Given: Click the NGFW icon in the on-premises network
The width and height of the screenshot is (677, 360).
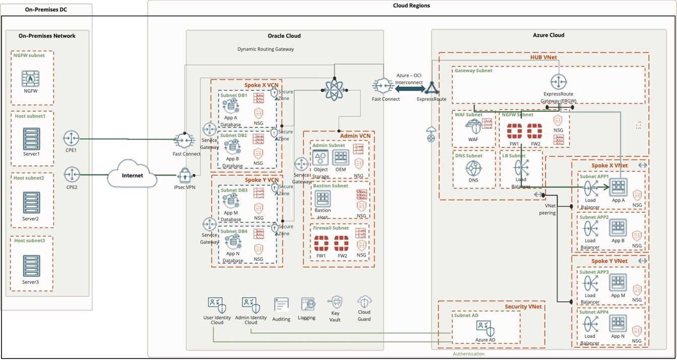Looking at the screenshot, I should [x=31, y=79].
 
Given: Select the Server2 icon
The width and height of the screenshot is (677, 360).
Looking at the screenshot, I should [x=31, y=203].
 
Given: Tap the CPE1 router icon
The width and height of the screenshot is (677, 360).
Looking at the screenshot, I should [x=72, y=138].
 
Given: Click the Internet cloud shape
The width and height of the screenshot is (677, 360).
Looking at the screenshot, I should [x=132, y=175].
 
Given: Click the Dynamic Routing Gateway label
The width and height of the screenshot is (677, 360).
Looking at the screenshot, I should [x=265, y=49].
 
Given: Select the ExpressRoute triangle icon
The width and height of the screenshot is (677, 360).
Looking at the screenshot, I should [x=432, y=89].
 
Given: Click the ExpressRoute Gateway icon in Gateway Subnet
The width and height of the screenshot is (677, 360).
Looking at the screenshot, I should [x=558, y=82].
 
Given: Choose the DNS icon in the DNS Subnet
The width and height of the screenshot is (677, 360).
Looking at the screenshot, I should [x=473, y=168].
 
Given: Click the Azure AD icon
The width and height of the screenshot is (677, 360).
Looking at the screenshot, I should [x=485, y=328].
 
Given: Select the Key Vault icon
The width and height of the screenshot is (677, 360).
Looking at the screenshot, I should [x=335, y=303].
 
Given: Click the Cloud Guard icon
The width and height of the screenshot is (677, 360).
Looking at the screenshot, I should [x=364, y=303].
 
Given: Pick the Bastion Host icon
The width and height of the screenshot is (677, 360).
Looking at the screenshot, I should [x=322, y=199].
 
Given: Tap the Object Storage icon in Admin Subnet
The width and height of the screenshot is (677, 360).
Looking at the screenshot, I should [x=321, y=158].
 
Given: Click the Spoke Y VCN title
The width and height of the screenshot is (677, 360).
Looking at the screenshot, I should [x=261, y=180].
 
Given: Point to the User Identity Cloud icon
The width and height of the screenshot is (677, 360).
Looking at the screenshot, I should [x=217, y=305].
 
